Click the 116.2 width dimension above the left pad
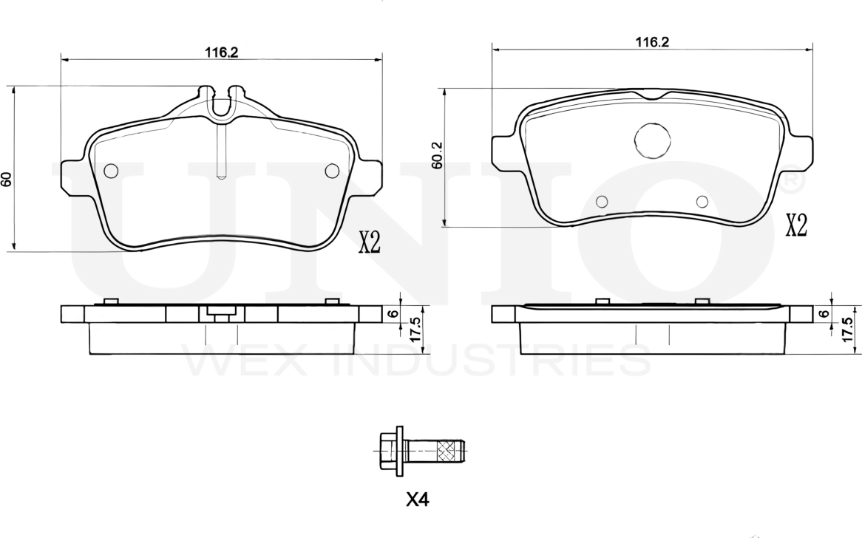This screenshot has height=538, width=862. pyautogui.click(x=221, y=52)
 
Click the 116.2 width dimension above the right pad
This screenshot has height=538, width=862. pyautogui.click(x=652, y=42)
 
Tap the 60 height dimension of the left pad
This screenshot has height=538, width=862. pyautogui.click(x=6, y=179)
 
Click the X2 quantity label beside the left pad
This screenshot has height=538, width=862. pyautogui.click(x=370, y=242)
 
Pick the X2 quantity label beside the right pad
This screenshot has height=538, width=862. pyautogui.click(x=797, y=225)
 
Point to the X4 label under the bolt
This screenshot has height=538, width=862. pyautogui.click(x=417, y=500)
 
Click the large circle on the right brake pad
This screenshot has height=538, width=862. pyautogui.click(x=652, y=140)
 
